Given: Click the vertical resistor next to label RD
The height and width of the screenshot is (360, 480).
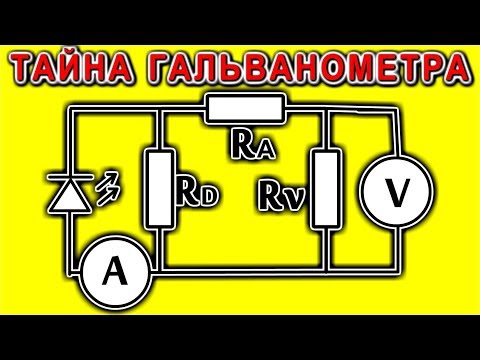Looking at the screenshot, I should [160, 186].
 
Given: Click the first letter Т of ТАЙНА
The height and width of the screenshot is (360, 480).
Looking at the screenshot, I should [26, 67].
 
